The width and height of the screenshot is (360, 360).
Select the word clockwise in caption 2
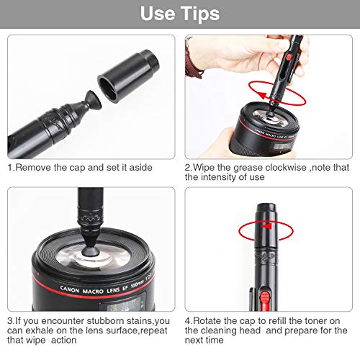click(x=282, y=167)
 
